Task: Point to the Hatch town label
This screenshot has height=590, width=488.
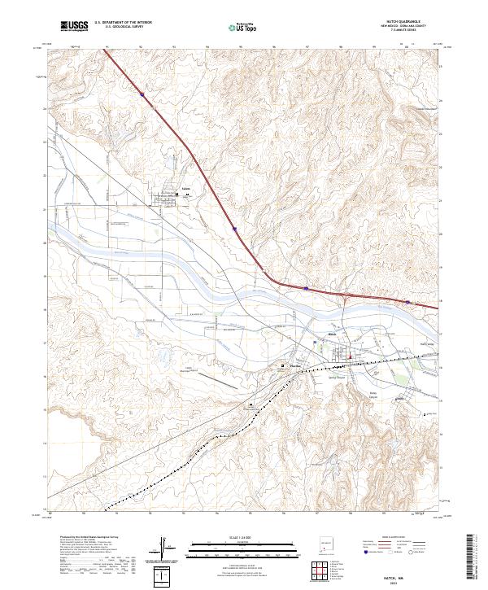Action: pyautogui.click(x=332, y=334)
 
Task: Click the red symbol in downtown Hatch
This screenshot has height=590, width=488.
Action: pyautogui.click(x=350, y=356)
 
